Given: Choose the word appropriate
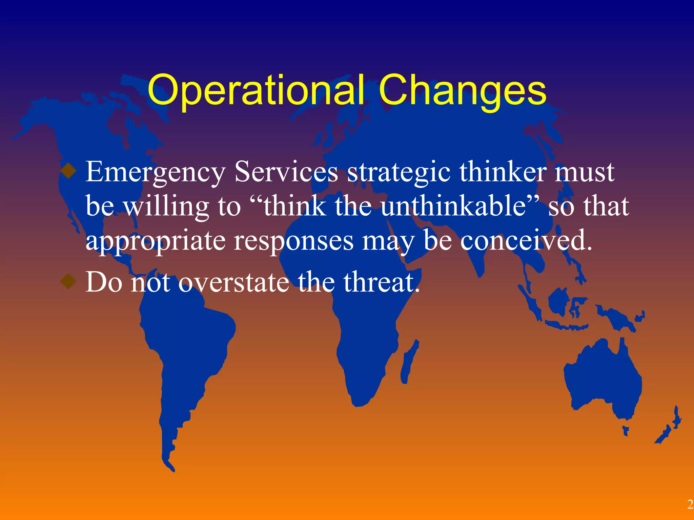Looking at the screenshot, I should click(155, 241).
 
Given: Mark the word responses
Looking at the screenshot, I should click(293, 241).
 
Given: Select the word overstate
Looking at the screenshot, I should click(234, 282).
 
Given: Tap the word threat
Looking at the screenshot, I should click(382, 282).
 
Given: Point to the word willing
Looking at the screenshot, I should click(166, 207).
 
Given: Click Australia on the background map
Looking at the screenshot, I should click(603, 379).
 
